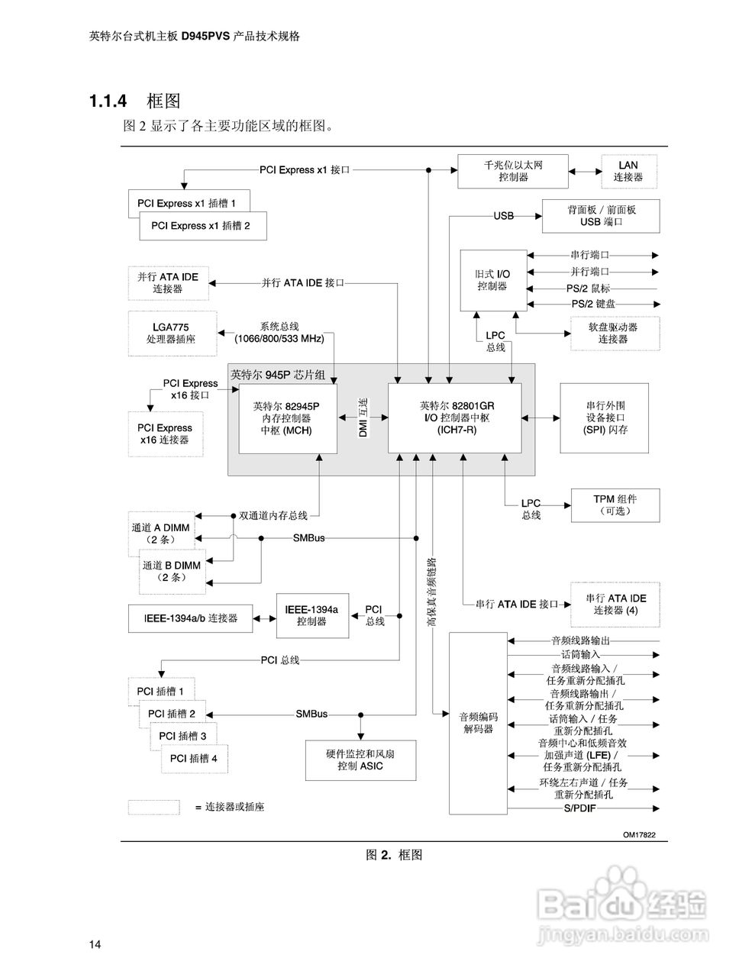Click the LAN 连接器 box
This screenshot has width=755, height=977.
628,171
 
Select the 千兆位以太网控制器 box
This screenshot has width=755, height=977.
512,171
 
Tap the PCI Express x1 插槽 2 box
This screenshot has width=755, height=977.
202,226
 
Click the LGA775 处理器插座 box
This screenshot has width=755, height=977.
171,333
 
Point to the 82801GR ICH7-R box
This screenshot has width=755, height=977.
454,418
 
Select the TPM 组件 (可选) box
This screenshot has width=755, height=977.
615,505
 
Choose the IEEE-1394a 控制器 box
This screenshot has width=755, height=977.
311,616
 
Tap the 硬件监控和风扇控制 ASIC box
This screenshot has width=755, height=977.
360,759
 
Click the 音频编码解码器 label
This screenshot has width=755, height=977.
478,723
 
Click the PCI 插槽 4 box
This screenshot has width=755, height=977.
194,758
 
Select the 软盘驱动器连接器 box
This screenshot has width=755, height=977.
613,333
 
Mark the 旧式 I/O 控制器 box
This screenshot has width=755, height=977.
493,280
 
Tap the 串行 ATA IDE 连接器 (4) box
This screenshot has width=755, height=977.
615,604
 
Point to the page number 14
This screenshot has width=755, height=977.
95,945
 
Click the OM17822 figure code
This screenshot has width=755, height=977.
639,835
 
